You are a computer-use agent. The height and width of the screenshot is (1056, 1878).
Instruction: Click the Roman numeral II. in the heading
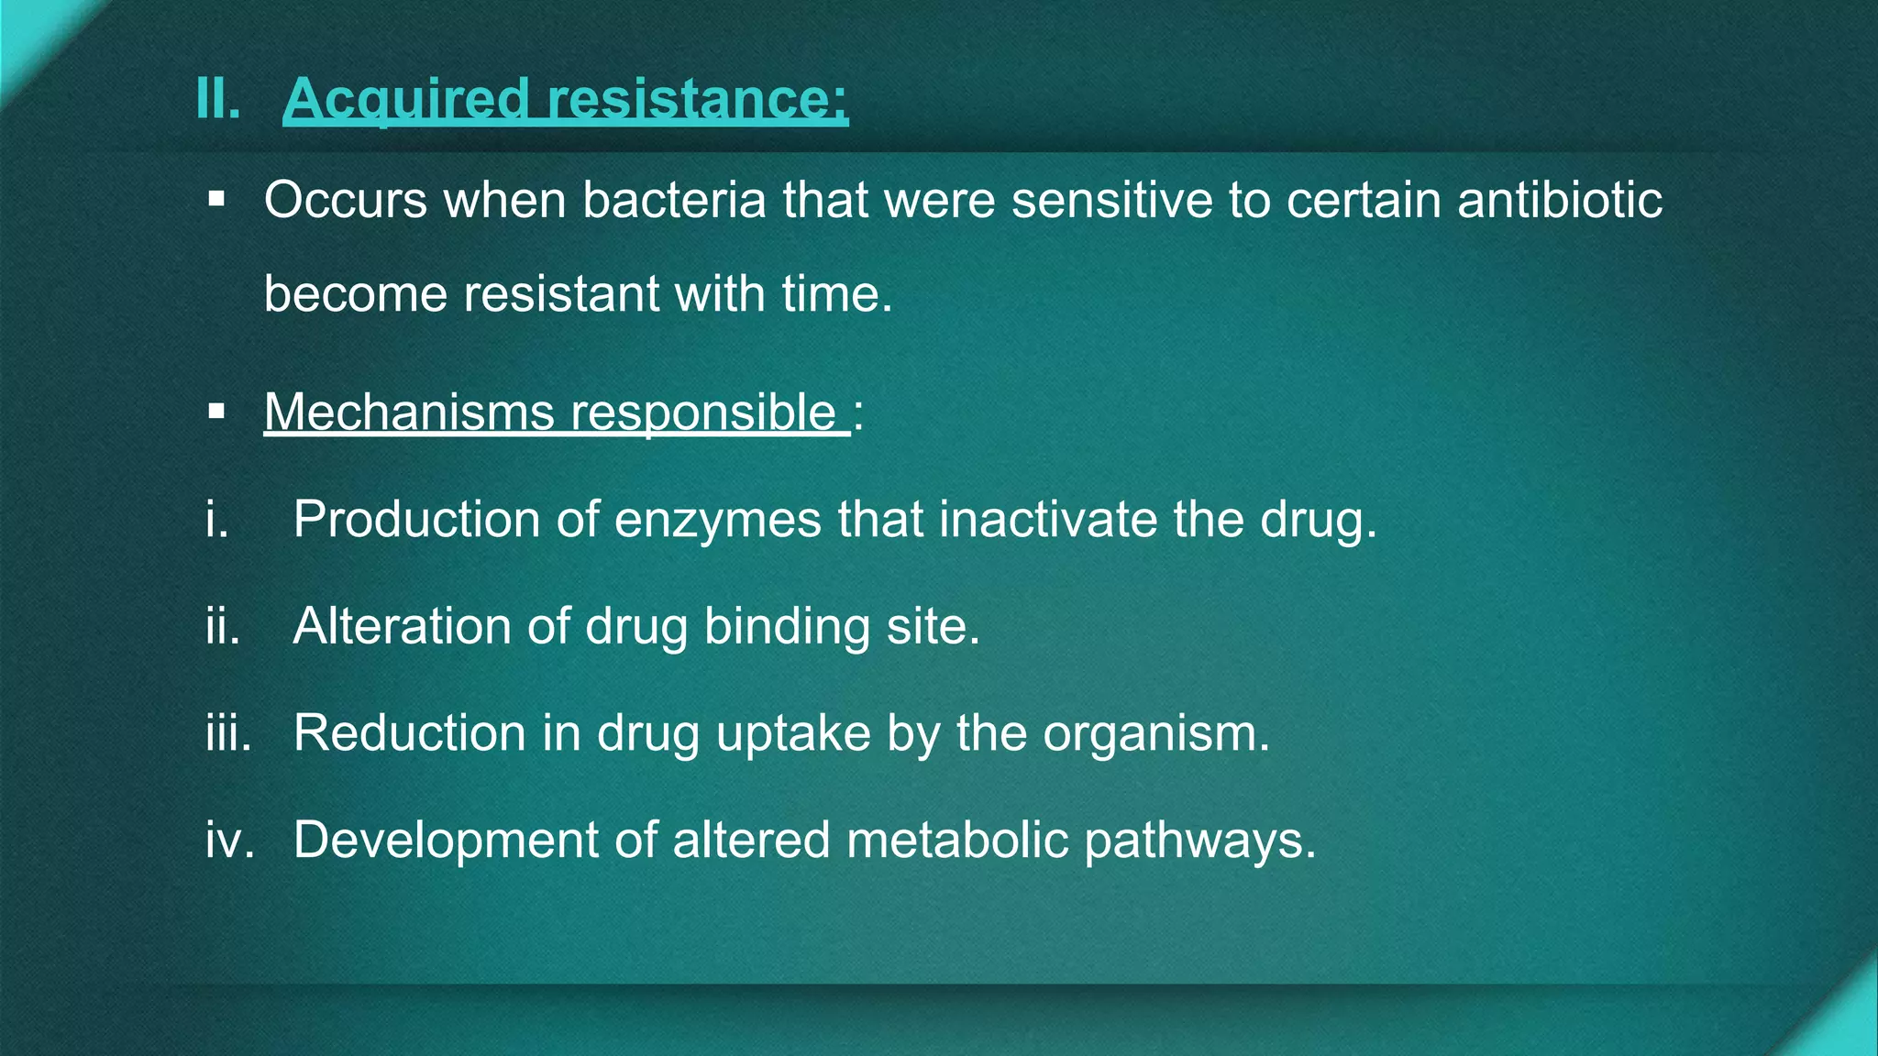(218, 98)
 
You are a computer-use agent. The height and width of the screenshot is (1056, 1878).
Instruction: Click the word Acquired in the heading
(406, 99)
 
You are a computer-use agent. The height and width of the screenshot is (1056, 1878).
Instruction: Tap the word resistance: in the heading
(697, 99)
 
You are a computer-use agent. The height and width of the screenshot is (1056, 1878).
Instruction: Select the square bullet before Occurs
(216, 199)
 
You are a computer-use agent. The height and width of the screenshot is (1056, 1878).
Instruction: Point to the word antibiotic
(1559, 200)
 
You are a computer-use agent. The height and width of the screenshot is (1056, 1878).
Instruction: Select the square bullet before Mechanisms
(216, 412)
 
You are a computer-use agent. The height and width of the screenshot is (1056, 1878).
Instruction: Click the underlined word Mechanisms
(409, 412)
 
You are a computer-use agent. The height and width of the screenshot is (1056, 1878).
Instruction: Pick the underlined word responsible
(703, 413)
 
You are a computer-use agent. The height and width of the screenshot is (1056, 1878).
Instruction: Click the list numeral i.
(217, 520)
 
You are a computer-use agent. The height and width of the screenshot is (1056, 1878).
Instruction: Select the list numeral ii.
(223, 626)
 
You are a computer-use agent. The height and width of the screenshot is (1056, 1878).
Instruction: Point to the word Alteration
(402, 626)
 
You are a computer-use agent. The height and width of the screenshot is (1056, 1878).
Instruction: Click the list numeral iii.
(228, 733)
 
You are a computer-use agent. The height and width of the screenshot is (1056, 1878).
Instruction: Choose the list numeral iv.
(229, 840)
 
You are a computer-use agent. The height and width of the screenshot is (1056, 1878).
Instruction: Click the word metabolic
(957, 840)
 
